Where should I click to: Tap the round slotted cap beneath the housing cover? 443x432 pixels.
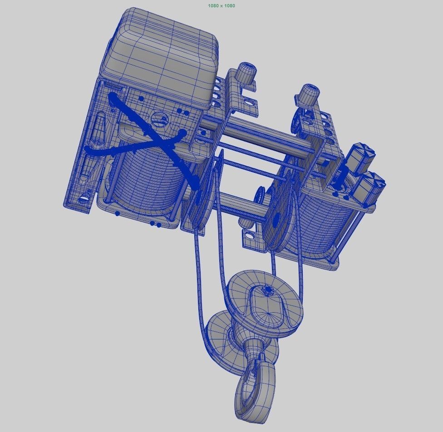pyautogui.click(x=159, y=119)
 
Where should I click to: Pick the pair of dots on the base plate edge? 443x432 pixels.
pyautogui.click(x=156, y=224)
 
